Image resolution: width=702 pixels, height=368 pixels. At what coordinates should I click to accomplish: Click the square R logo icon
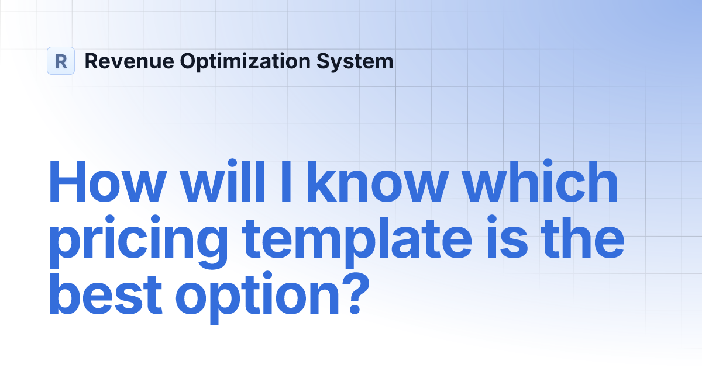(x=61, y=61)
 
